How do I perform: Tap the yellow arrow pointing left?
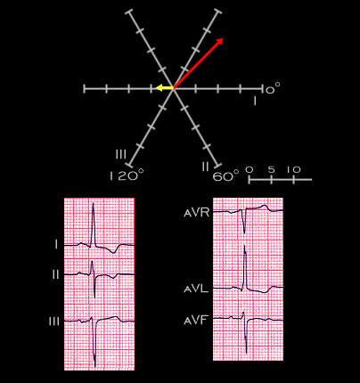(x=165, y=88)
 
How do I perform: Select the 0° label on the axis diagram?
(x=273, y=88)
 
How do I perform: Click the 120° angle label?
(x=127, y=175)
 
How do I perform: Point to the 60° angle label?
(x=225, y=176)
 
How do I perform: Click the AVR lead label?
(x=197, y=213)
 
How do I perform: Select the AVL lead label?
(x=196, y=289)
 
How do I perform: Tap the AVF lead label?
(x=195, y=321)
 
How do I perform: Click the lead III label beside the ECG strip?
(x=54, y=322)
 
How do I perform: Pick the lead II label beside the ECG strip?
(x=55, y=274)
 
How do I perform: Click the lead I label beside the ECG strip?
(x=56, y=245)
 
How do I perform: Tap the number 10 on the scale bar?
(x=294, y=169)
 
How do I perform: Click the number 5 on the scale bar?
(x=272, y=169)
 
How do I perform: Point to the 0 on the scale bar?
(x=250, y=169)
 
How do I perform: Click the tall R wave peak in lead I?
(x=93, y=203)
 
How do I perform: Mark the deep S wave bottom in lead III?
(x=95, y=366)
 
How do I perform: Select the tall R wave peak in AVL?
(x=244, y=247)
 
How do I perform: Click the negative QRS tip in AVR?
(x=244, y=232)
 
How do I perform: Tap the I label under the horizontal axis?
(x=255, y=101)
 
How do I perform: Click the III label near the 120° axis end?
(x=121, y=154)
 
